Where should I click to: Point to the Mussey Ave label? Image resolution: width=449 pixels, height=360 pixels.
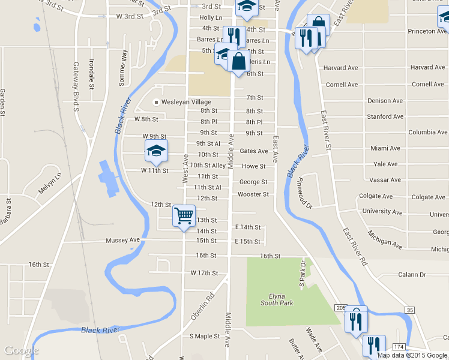tap(122, 240)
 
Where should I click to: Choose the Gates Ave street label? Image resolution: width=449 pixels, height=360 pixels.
tap(253, 151)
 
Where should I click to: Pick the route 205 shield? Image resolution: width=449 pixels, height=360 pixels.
tap(339, 308)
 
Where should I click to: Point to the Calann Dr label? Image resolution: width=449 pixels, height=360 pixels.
tap(411, 275)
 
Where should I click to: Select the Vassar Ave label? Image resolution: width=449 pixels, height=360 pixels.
tap(387, 180)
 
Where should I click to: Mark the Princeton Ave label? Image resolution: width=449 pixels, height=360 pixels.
tap(427, 31)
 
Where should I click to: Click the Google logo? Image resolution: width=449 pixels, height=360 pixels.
tap(21, 350)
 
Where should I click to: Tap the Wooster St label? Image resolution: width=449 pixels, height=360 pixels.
tap(253, 194)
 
